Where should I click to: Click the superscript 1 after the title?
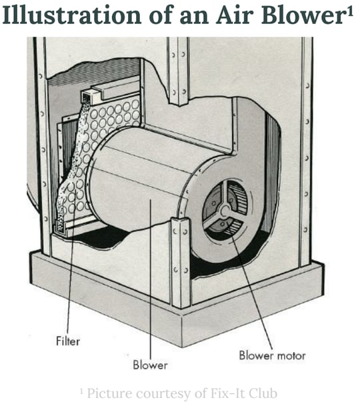pyautogui.click(x=349, y=11)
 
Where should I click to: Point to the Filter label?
pyautogui.click(x=67, y=341)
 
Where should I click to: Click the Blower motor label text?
pyautogui.click(x=273, y=355)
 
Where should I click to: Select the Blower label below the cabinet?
pyautogui.click(x=150, y=365)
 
